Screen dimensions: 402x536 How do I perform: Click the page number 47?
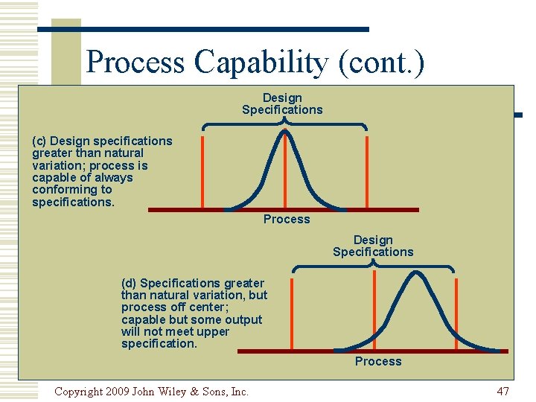pos(502,391)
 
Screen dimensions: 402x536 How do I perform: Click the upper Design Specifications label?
pos(282,103)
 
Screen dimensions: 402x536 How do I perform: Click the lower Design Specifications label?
pos(373,246)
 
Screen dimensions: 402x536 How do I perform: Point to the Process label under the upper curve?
pos(287,219)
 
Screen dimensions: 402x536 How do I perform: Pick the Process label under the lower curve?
pos(378,361)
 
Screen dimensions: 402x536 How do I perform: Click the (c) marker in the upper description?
pos(40,141)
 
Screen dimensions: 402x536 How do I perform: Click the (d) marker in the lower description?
pos(129,283)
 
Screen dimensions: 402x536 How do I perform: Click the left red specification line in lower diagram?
pos(293,313)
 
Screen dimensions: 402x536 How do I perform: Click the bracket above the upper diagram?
pos(284,124)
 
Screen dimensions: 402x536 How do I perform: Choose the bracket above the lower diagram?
pos(373,266)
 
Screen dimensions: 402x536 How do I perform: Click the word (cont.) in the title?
pos(380,62)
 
